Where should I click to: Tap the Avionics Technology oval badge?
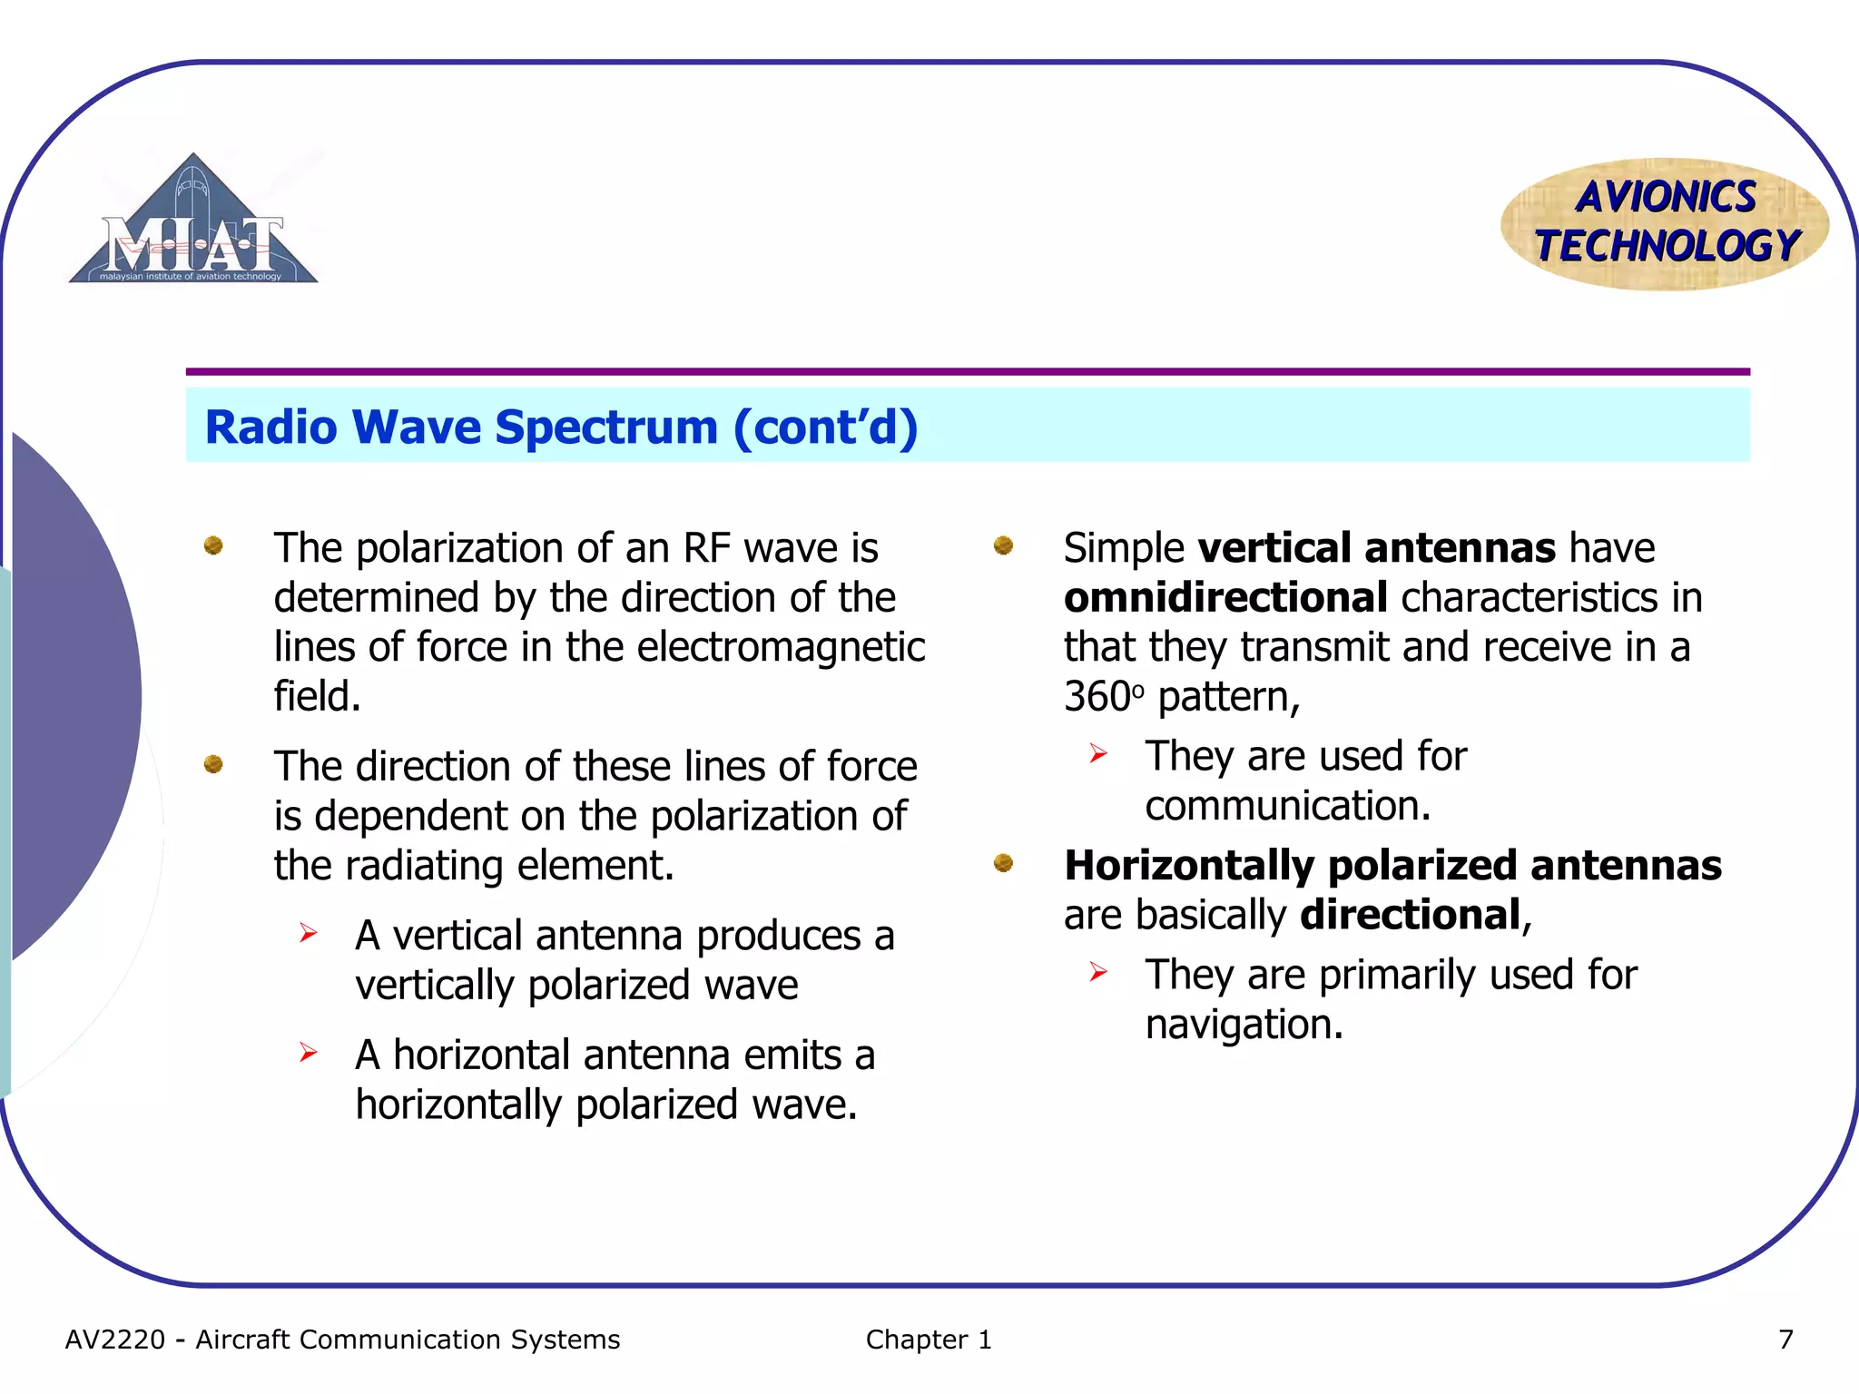(x=1665, y=224)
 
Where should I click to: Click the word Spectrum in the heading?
(x=606, y=427)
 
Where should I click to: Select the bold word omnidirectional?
(x=1225, y=598)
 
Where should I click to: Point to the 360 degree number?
(x=1097, y=697)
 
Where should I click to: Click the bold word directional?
(x=1410, y=915)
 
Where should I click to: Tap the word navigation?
(x=1243, y=1025)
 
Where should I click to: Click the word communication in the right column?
(x=1286, y=806)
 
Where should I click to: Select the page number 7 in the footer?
(x=1785, y=1340)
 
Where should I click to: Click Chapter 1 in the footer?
(x=928, y=1340)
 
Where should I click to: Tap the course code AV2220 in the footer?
(x=115, y=1340)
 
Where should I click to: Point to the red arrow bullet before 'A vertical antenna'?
(x=309, y=933)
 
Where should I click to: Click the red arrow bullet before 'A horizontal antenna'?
(x=309, y=1053)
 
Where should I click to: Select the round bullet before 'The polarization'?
(x=213, y=545)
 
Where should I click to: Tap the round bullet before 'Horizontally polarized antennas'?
(x=1003, y=862)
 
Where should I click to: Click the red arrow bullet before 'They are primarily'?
(x=1098, y=973)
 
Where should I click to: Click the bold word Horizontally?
(x=1188, y=866)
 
